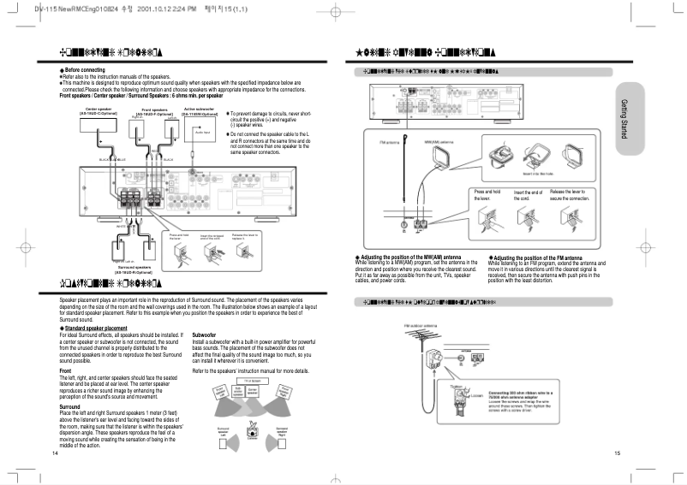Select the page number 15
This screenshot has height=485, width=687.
pyautogui.click(x=617, y=452)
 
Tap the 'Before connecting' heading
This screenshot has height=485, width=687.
pyautogui.click(x=84, y=68)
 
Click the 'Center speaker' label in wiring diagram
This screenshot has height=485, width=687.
pyautogui.click(x=99, y=109)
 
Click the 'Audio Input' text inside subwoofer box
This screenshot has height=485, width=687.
pyautogui.click(x=202, y=132)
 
